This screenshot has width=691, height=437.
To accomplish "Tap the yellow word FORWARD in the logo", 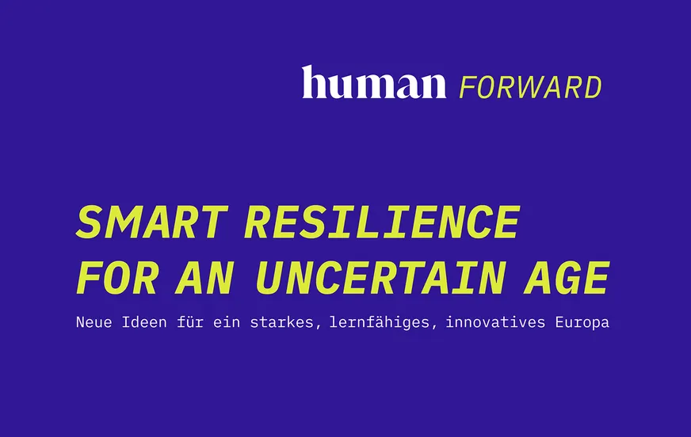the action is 531,87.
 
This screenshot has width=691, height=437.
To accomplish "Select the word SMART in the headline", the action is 152,222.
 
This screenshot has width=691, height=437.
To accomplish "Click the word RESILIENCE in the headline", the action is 382,222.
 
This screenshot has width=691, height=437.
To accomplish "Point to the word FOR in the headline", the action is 116,277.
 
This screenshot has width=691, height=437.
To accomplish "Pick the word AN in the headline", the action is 204,277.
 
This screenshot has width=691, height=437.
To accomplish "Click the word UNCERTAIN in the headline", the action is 380,277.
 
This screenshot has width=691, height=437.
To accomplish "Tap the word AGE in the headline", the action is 567,277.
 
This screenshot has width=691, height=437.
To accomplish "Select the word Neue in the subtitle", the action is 94,322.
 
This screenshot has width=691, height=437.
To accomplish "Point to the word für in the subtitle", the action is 190,322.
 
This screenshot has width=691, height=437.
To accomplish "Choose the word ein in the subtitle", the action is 227,322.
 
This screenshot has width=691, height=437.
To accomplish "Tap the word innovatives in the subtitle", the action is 496,322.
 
